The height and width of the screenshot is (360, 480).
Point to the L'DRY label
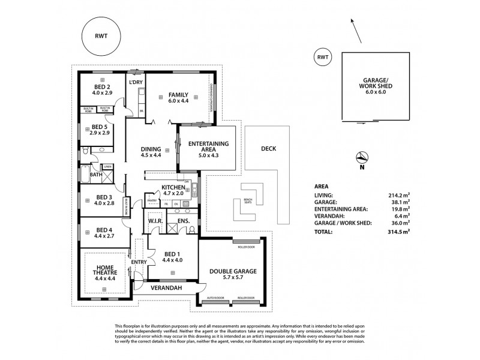coord(134,82)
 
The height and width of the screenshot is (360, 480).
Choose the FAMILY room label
coord(178,95)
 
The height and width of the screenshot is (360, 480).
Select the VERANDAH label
coord(166,288)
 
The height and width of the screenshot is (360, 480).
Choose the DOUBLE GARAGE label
coord(232,272)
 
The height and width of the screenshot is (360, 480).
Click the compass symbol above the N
coord(362,158)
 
